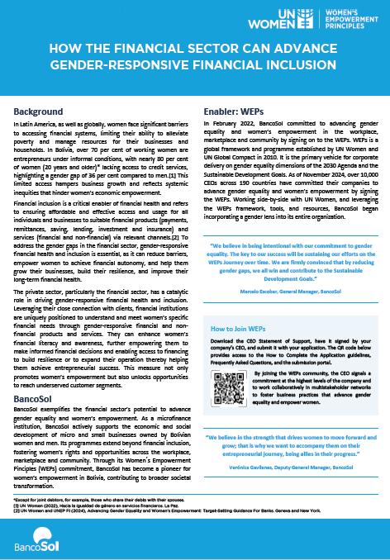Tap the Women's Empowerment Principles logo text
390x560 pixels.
click(348, 20)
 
